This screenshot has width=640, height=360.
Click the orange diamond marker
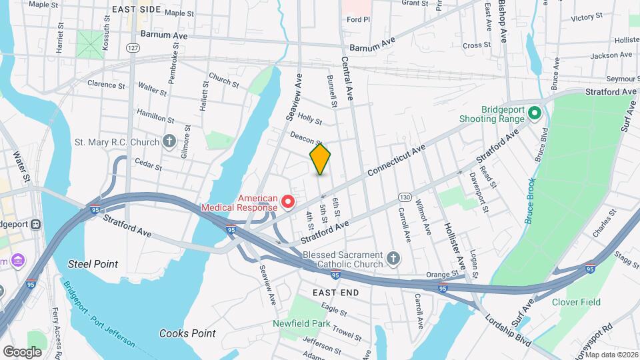tap(320, 159)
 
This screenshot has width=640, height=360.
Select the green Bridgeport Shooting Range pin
tap(533, 114)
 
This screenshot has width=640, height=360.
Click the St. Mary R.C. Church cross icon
tap(169, 141)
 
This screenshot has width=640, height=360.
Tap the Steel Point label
tap(93, 264)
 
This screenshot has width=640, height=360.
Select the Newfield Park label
tap(301, 324)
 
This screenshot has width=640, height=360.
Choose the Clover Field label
tap(576, 302)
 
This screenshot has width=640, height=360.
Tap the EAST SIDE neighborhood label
tap(136, 9)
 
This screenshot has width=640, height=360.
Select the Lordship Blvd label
tap(508, 332)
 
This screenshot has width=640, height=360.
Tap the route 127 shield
tap(134, 48)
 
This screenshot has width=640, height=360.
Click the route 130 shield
tap(405, 197)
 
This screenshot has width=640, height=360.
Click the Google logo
tap(22, 351)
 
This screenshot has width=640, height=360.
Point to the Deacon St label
tap(306, 138)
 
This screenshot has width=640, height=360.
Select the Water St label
tap(22, 167)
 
